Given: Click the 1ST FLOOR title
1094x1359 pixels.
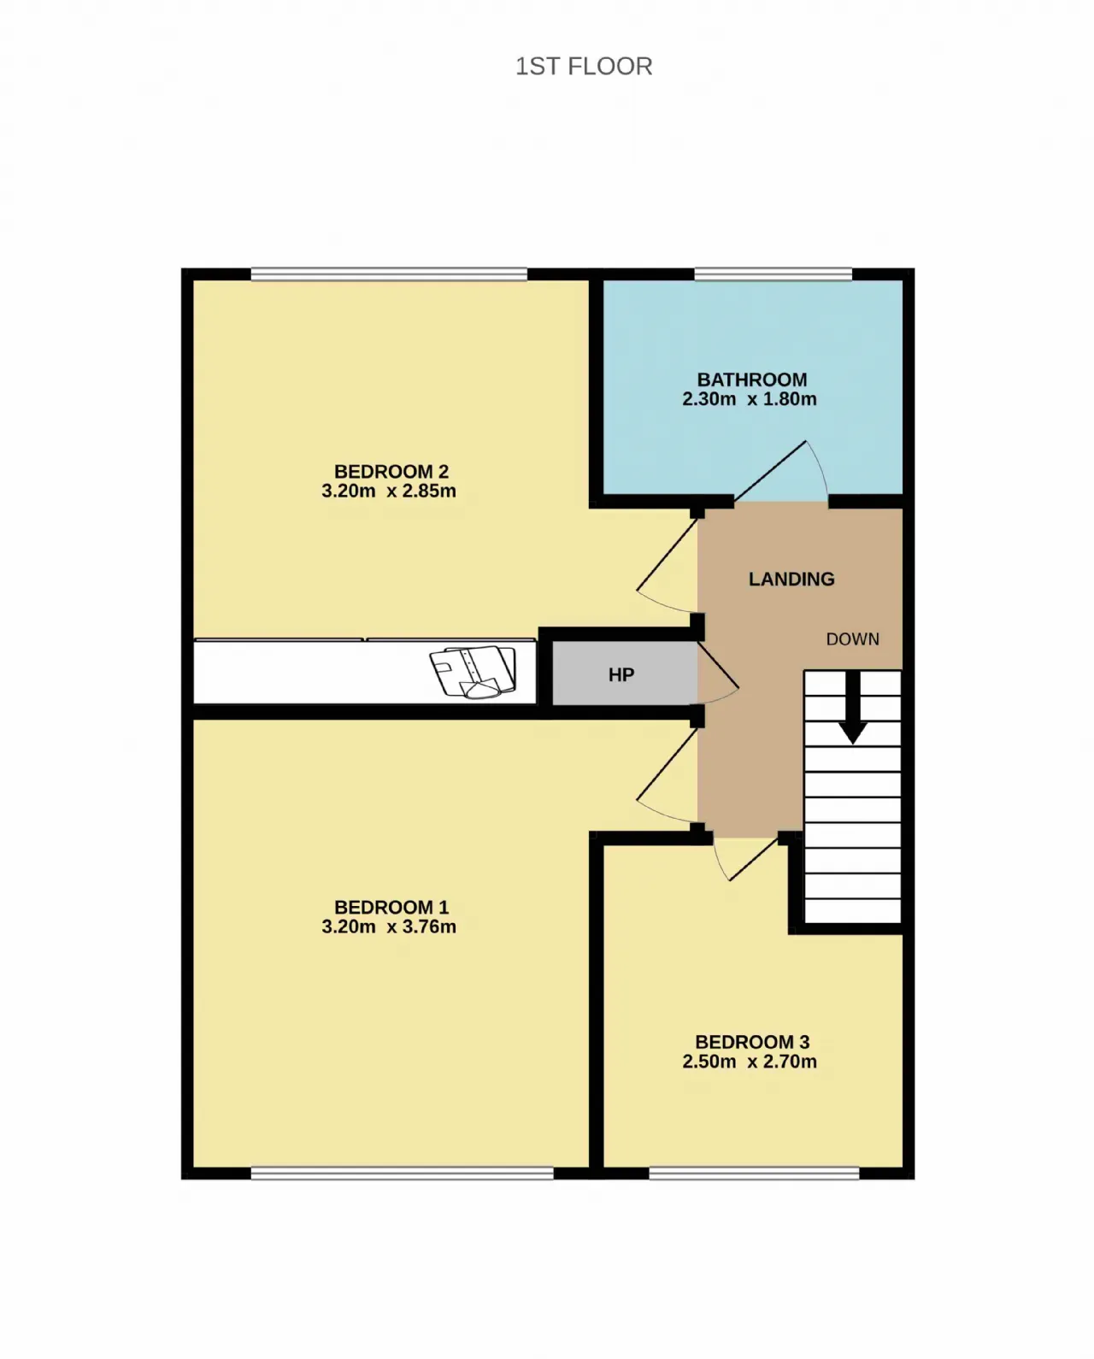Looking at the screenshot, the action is click(584, 67).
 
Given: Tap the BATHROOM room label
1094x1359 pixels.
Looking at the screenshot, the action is click(751, 379).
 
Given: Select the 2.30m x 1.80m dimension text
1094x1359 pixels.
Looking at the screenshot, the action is click(749, 399).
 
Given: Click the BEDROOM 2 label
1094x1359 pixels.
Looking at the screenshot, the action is click(391, 471).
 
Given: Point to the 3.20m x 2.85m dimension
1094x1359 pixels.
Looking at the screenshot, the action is click(389, 491).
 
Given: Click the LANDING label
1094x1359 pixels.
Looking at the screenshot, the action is click(791, 579).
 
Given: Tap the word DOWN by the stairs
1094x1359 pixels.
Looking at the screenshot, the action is click(853, 639).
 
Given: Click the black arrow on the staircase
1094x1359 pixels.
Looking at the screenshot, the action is click(853, 708).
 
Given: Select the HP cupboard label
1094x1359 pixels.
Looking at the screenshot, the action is click(621, 675).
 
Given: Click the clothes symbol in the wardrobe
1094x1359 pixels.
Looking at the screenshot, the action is click(473, 672).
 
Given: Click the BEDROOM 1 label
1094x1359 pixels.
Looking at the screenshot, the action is click(391, 907).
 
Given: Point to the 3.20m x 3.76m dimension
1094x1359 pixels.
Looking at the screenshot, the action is click(389, 927).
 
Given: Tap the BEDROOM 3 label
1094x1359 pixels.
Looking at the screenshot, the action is click(751, 1041).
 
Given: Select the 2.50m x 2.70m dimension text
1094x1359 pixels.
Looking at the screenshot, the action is click(749, 1061).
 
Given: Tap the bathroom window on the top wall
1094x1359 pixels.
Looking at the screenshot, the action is click(773, 274).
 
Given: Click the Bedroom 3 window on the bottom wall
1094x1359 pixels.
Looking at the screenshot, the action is click(754, 1173).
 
